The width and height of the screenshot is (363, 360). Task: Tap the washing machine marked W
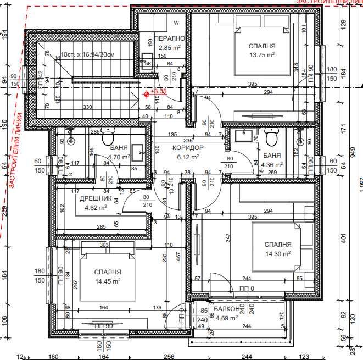176,23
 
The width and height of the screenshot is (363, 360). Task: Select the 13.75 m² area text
261,55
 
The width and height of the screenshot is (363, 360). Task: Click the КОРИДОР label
188,148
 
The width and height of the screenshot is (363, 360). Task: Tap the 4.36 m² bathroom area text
272,164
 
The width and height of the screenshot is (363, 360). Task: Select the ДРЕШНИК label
96,199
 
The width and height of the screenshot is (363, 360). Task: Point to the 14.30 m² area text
277,253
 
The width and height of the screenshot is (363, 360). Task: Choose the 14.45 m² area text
107,280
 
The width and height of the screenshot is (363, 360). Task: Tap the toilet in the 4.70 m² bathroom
108,132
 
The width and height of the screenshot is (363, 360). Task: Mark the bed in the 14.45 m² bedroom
107,272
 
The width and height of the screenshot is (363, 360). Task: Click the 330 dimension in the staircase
87,107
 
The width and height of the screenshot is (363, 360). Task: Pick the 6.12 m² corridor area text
188,157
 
